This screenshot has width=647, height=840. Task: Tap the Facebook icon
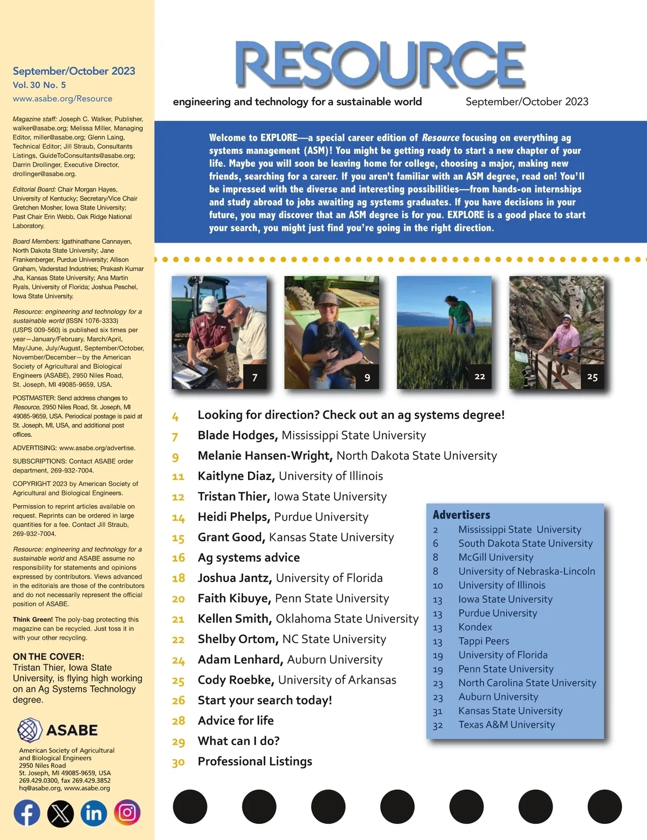click(27, 813)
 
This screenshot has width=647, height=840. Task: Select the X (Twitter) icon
click(60, 813)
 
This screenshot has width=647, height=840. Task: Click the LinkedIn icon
click(94, 813)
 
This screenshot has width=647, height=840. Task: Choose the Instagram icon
click(127, 813)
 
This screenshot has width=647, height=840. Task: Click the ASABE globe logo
click(30, 731)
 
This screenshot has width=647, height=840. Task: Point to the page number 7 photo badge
click(255, 377)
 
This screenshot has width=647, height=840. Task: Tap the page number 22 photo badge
click(480, 376)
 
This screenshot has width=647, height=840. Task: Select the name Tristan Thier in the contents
click(233, 497)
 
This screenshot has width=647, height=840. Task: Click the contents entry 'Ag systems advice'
click(249, 557)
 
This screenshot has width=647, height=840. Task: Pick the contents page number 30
click(178, 762)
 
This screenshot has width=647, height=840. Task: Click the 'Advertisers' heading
click(462, 515)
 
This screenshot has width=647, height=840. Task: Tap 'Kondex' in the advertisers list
click(475, 627)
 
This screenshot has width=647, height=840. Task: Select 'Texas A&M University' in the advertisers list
click(506, 725)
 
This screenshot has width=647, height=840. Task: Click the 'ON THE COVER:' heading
click(49, 657)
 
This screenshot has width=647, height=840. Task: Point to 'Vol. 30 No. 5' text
click(39, 85)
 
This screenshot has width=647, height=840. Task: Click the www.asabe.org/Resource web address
click(63, 99)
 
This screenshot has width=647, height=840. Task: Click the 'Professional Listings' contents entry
click(255, 761)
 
